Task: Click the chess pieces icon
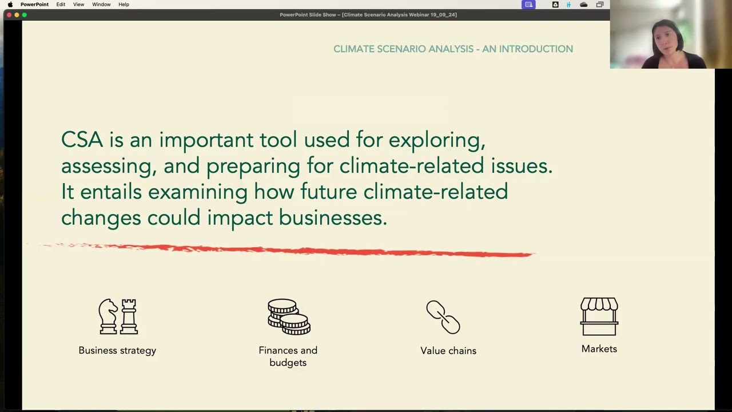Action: [118, 316]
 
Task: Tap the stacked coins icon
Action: [289, 316]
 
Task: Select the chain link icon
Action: [443, 317]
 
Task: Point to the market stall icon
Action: [599, 316]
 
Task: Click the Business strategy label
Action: [117, 350]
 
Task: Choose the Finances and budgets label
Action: [288, 356]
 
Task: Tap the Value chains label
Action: [448, 351]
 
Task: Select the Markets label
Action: [599, 349]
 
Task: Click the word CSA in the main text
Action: [82, 140]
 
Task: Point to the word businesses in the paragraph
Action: [332, 217]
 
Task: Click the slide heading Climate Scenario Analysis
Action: [453, 49]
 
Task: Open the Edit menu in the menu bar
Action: [61, 5]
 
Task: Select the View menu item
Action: [78, 5]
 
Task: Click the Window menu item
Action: [101, 5]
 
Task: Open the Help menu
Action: [124, 5]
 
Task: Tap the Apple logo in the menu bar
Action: [10, 5]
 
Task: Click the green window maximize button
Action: [24, 15]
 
